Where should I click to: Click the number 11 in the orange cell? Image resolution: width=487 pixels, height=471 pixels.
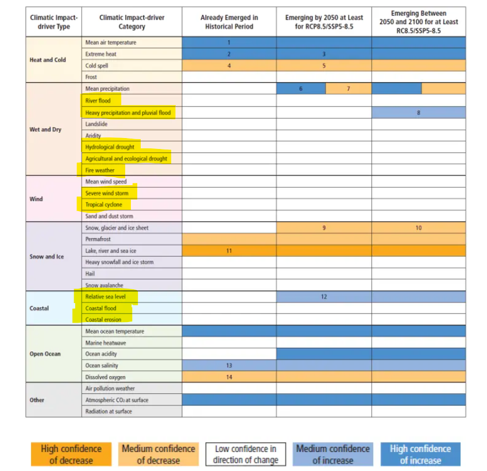[x=229, y=251]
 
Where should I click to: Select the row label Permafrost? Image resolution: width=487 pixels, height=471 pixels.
[x=98, y=239]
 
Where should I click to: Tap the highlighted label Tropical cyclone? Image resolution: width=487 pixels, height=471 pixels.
[x=104, y=205]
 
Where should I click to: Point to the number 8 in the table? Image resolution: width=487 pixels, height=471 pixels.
[x=418, y=113]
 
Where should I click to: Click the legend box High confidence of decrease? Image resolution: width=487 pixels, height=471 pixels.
[x=71, y=454]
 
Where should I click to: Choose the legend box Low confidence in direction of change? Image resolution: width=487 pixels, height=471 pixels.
[x=245, y=454]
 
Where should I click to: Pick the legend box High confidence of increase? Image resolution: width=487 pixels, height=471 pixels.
[x=420, y=454]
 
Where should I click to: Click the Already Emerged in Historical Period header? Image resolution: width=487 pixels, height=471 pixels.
[x=229, y=22]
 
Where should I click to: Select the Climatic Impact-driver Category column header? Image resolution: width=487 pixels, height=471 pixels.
[x=131, y=22]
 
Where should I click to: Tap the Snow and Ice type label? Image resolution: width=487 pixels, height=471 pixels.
[x=47, y=256]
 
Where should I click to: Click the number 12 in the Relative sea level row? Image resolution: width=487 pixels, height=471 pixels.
[x=324, y=297]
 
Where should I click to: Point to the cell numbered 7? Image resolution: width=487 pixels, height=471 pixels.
[x=348, y=89]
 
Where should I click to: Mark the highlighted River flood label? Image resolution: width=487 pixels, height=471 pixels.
[x=98, y=101]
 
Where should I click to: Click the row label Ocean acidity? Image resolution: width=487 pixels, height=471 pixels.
[x=101, y=354]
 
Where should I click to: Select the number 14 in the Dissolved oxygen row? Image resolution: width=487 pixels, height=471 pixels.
[x=229, y=377]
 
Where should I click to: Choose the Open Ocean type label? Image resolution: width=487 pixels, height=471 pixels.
[x=45, y=354]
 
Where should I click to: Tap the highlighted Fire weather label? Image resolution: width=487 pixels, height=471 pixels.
[x=99, y=170]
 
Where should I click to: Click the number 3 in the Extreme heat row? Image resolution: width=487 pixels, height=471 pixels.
[x=324, y=54]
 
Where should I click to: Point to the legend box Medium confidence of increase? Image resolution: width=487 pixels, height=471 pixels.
[x=332, y=454]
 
